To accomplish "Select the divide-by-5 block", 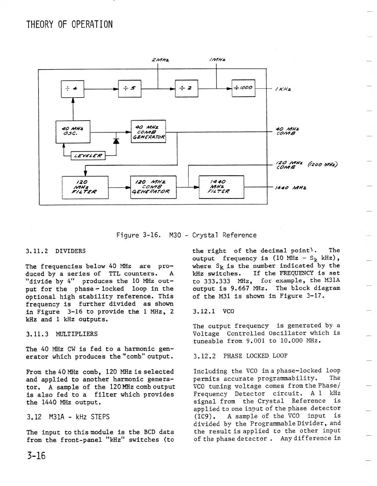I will click(x=130, y=89).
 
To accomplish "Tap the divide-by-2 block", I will click(x=186, y=89).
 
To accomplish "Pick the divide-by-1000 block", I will click(x=243, y=88).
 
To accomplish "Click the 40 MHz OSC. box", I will click(x=73, y=132).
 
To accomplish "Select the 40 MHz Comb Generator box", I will click(x=148, y=132).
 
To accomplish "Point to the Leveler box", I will click(x=88, y=156).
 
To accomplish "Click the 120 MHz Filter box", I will click(x=85, y=187).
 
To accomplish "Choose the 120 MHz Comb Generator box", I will click(x=153, y=187).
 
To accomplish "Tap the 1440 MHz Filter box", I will click(x=221, y=187).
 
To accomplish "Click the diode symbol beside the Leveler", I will click(x=116, y=141).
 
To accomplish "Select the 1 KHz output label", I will click(x=283, y=89).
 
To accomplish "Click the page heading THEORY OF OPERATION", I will click(x=70, y=24).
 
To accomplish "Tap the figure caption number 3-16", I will click(x=151, y=235).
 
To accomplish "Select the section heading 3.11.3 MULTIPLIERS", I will click(x=62, y=334).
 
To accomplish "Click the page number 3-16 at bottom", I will click(x=36, y=455).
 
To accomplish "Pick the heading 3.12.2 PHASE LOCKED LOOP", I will click(x=240, y=356).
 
